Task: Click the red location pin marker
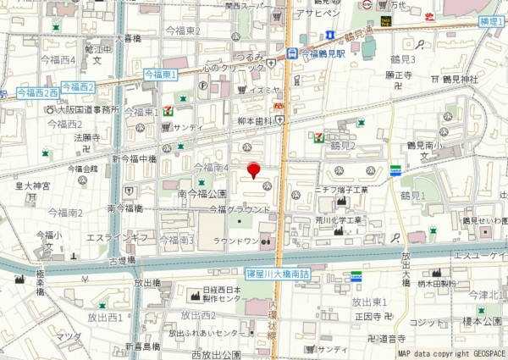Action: (x=253, y=171)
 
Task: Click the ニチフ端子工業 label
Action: (x=341, y=190)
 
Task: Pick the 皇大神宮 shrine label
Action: (x=34, y=186)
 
